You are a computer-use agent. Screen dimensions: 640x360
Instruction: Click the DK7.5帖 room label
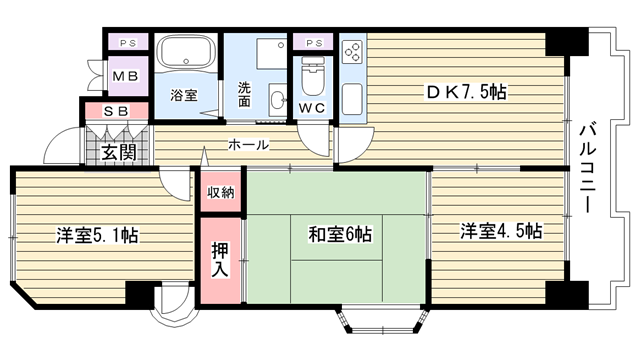click(x=467, y=92)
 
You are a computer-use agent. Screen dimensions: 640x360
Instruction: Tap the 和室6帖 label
click(x=340, y=234)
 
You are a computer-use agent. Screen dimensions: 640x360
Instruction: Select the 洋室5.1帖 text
click(x=97, y=235)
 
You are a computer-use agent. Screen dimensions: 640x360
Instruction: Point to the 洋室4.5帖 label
click(x=501, y=231)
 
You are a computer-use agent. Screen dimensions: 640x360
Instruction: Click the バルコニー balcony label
click(x=588, y=168)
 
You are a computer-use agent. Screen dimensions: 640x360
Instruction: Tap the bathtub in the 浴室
click(x=187, y=53)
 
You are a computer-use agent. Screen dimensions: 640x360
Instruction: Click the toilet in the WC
click(x=313, y=76)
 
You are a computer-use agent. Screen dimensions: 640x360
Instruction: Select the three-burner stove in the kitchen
click(x=353, y=52)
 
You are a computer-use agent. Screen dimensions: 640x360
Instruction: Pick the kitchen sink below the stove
click(x=352, y=99)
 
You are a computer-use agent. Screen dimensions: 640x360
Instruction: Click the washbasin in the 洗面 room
click(x=278, y=100)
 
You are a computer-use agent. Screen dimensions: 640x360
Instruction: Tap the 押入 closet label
click(x=220, y=260)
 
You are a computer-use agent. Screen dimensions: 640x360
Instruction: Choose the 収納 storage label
click(x=220, y=192)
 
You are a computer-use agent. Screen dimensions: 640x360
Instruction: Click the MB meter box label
click(x=125, y=76)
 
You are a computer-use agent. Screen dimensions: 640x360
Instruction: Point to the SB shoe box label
click(x=116, y=111)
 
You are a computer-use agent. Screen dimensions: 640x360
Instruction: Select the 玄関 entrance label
click(x=118, y=153)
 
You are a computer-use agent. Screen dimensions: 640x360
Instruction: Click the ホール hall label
click(x=249, y=144)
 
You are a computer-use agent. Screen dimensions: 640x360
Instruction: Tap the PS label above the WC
click(x=314, y=43)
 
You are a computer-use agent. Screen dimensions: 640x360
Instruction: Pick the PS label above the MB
click(x=128, y=43)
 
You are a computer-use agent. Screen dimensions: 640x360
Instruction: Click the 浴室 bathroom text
click(x=184, y=96)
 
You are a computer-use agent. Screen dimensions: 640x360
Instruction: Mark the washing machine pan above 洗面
click(x=272, y=54)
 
